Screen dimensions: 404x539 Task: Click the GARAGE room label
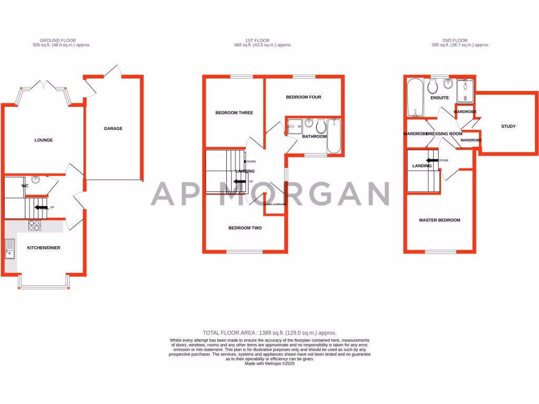pos(113,128)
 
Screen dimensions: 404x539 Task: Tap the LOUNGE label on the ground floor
pos(44,140)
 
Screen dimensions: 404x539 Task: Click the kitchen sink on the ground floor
pos(10,248)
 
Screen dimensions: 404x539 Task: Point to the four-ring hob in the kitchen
pos(35,225)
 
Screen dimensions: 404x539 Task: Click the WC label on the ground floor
pos(25,186)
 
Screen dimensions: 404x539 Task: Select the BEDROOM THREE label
pos(234,113)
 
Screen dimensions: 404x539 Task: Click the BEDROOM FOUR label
pos(303,97)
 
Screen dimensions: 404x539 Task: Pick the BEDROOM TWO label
pos(245,228)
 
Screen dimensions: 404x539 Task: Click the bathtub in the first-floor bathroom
pos(334,135)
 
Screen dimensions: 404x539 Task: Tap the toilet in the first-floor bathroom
pos(321,126)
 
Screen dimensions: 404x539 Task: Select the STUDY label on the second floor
pos(508,126)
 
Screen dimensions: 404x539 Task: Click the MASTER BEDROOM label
pos(440,220)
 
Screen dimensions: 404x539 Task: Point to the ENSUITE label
pos(440,98)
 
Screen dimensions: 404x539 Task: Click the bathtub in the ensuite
pos(415,98)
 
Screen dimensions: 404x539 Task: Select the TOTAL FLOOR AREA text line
pos(269,332)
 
